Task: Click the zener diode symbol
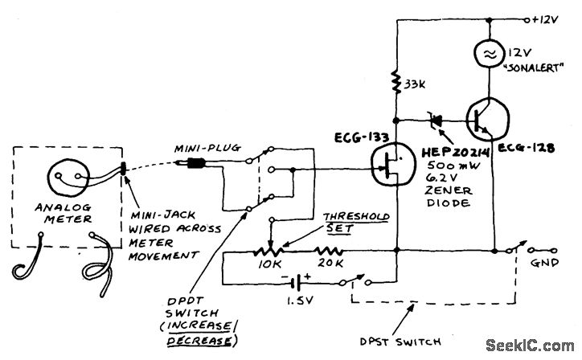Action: [x=438, y=119]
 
